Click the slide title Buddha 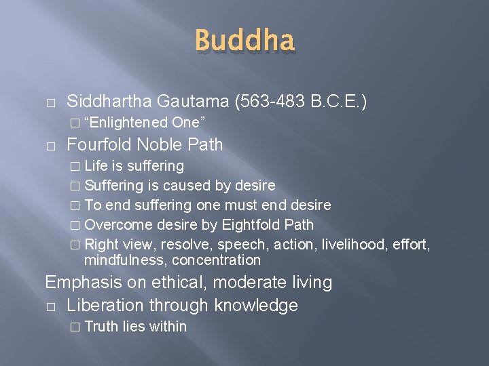click(x=244, y=41)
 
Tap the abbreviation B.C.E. click(x=337, y=102)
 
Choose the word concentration click(x=216, y=260)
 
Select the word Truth click(x=102, y=327)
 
